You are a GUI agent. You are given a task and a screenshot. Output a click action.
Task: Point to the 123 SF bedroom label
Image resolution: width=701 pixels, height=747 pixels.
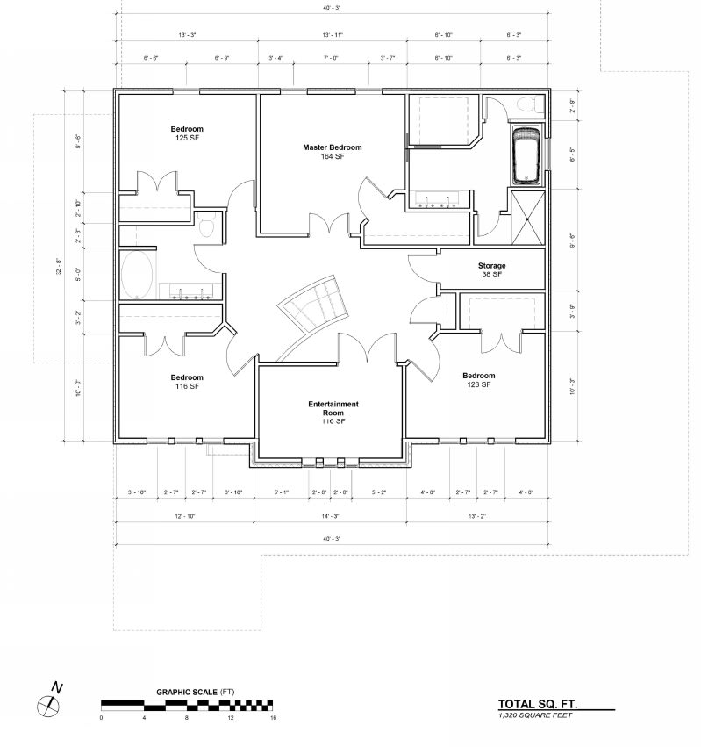[479, 380]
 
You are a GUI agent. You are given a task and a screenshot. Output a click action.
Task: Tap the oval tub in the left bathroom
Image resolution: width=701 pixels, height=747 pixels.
[137, 276]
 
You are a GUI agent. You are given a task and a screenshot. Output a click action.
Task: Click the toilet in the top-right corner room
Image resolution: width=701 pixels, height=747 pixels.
[527, 105]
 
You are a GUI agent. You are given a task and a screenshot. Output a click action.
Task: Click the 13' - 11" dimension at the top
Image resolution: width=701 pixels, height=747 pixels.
[333, 35]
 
